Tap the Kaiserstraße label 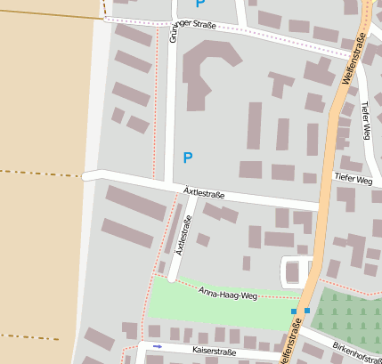(214, 352)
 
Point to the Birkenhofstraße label (355, 352)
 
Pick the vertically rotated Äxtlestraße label (183, 236)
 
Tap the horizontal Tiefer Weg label (354, 179)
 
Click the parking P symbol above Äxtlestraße (187, 158)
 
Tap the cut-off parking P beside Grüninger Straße (200, 4)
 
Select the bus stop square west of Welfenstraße (293, 311)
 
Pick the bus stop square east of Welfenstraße (307, 311)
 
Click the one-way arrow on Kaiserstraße (158, 345)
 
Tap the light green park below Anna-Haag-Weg (214, 308)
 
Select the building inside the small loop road (295, 271)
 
